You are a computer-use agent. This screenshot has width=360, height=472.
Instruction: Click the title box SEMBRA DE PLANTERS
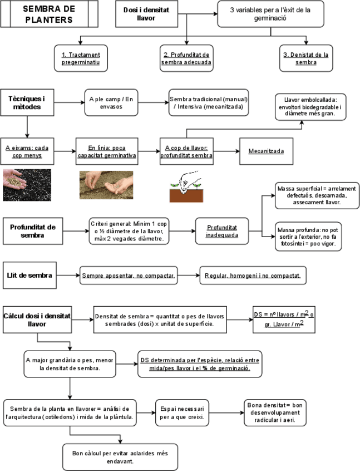(49, 14)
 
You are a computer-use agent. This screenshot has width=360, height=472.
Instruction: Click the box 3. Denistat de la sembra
(307, 58)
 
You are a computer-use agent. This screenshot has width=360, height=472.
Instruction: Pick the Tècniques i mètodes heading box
(27, 102)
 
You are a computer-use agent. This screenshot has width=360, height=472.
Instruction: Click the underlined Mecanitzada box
(266, 151)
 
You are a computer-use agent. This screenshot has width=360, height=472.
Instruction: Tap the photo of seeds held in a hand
(27, 185)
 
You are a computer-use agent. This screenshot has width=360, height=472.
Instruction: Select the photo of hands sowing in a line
(106, 184)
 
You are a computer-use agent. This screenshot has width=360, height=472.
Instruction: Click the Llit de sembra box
(30, 275)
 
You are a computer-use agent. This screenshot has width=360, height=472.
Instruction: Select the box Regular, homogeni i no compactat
(253, 276)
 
